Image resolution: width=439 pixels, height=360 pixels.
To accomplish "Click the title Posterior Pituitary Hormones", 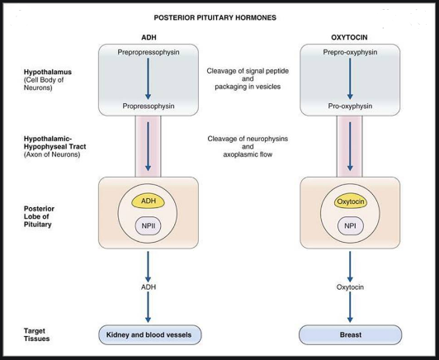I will pos(219,16).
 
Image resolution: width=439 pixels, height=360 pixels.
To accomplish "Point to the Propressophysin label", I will pos(149,107).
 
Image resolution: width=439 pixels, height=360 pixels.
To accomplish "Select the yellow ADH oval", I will pos(149,201).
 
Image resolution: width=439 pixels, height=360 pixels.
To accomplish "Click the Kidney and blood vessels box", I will pos(149,335).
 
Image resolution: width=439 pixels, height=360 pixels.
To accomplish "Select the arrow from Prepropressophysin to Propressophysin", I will pos(149,78).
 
